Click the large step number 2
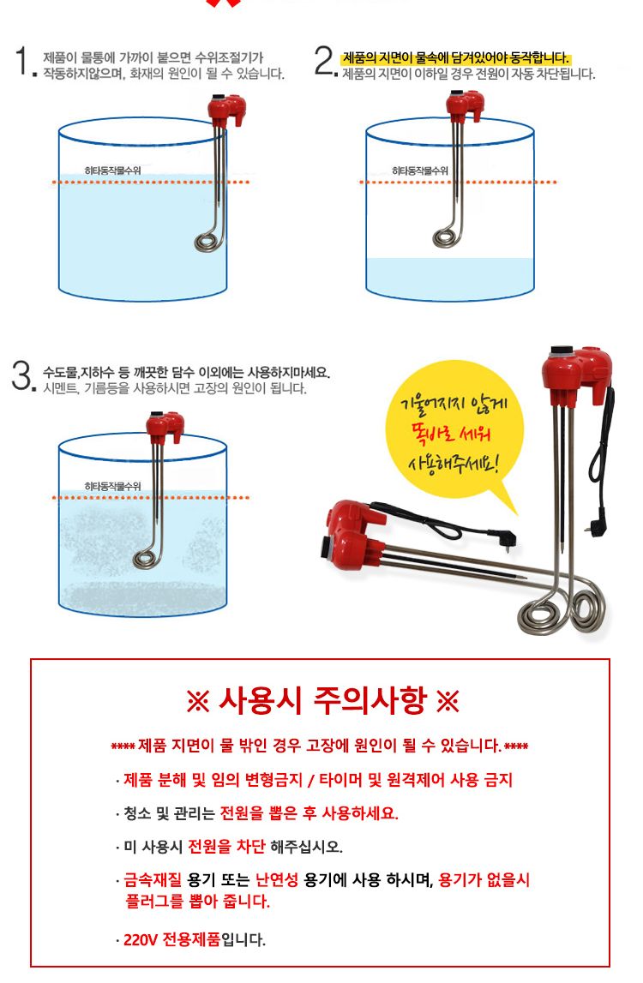click(x=323, y=63)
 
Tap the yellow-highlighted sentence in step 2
click(x=455, y=58)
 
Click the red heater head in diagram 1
click(x=226, y=109)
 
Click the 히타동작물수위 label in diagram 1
click(x=113, y=171)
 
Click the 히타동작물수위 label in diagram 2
click(x=420, y=171)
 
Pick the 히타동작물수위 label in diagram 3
click(x=113, y=486)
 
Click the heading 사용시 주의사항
click(x=321, y=702)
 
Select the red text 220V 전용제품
click(x=171, y=939)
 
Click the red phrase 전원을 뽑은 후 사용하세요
click(x=309, y=813)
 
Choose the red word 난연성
click(x=279, y=880)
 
